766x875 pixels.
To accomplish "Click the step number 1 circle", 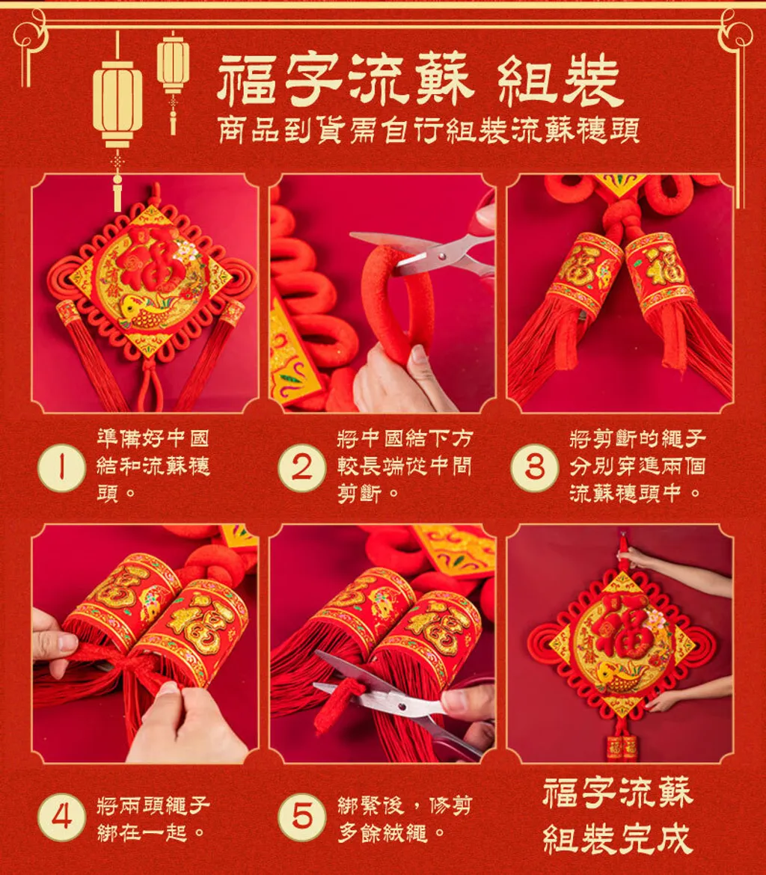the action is [61, 467].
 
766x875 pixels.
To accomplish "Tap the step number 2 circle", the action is [302, 467].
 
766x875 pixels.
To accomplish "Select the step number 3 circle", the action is [534, 467].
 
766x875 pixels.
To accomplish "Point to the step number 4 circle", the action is [61, 817].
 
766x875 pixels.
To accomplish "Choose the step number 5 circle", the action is [302, 817].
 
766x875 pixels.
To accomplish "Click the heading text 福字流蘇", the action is [346, 80].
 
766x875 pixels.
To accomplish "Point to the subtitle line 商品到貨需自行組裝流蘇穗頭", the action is [428, 131].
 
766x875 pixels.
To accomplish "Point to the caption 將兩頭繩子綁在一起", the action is [153, 819].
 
